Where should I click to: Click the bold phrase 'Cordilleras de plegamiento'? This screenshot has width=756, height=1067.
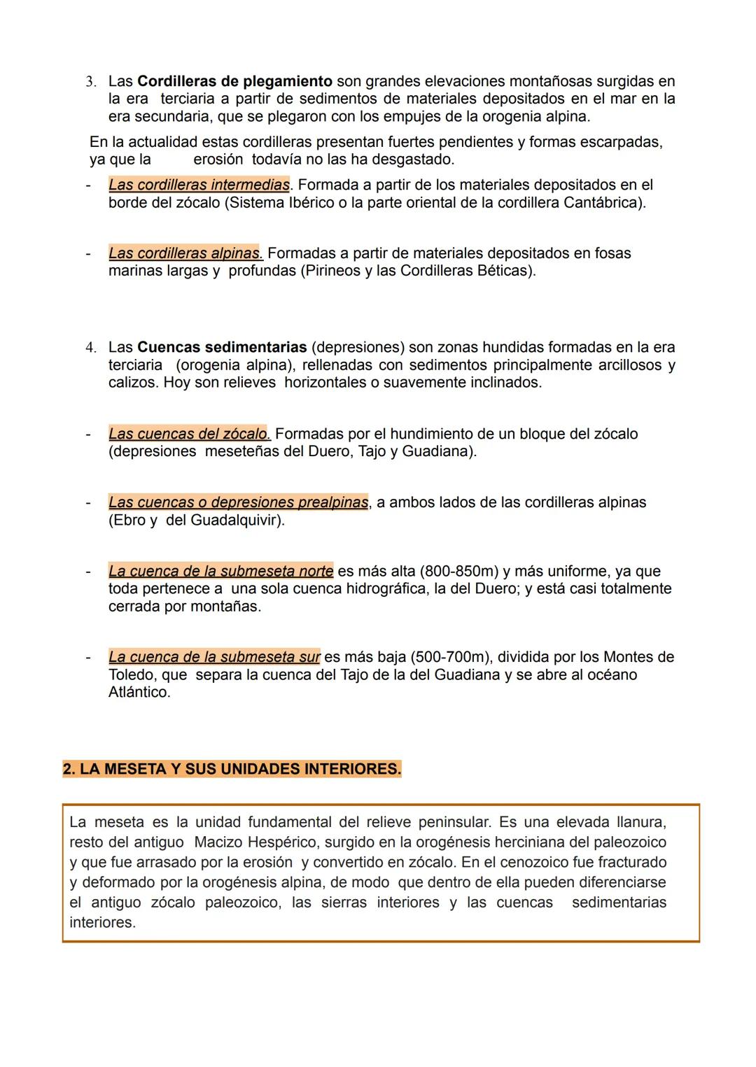click(x=234, y=82)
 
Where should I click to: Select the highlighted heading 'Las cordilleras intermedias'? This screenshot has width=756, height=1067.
click(x=199, y=185)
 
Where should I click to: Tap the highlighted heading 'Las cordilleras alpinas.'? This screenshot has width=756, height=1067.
click(x=185, y=253)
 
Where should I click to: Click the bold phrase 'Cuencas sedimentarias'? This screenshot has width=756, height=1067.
click(x=222, y=347)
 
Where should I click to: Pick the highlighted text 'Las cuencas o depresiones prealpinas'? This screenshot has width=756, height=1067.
click(x=238, y=502)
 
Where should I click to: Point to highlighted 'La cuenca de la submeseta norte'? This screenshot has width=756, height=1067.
click(x=220, y=571)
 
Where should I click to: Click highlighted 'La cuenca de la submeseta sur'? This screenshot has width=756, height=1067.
click(x=214, y=657)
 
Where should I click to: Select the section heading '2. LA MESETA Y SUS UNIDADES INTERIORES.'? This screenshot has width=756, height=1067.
click(x=232, y=769)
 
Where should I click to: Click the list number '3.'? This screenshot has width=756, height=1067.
click(x=91, y=83)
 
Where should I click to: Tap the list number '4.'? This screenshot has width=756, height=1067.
click(x=91, y=348)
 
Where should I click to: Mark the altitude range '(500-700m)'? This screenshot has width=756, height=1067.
click(x=451, y=657)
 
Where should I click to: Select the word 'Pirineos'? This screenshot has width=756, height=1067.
click(x=332, y=271)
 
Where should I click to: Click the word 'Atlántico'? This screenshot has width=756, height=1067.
click(x=139, y=693)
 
